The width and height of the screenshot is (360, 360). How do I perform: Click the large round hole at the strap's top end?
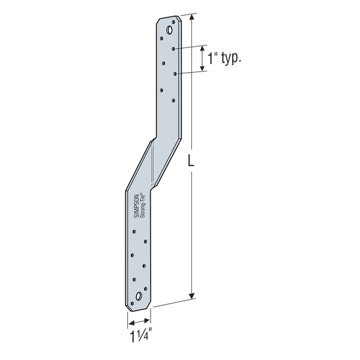coord(170,29)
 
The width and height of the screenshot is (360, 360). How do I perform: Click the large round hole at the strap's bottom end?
coord(139,296)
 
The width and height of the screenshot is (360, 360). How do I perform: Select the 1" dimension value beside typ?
coord(211,59)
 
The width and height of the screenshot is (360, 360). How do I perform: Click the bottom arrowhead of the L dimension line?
coord(192,295)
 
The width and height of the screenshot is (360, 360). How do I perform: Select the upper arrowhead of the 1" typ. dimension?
coord(203,48)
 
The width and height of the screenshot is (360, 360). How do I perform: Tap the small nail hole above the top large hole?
coord(174,22)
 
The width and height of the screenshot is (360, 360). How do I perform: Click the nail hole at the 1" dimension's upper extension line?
coord(173,47)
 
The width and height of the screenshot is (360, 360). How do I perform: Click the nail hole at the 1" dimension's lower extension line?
coord(175,73)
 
